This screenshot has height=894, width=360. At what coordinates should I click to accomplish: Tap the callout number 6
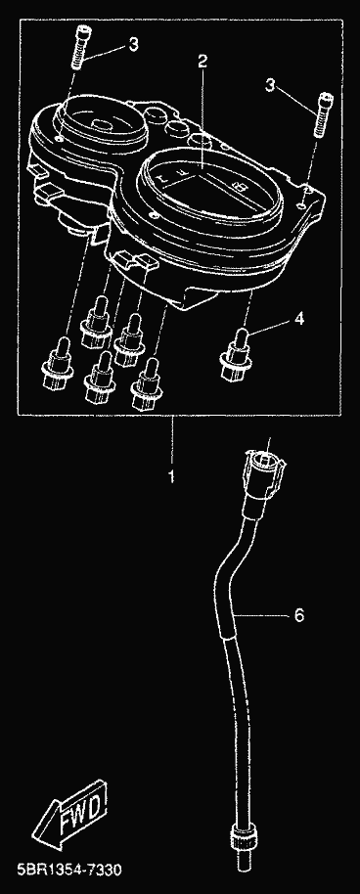[x=299, y=615]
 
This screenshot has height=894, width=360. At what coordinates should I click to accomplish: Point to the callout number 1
[x=170, y=476]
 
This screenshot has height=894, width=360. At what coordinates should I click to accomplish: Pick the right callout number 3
[x=270, y=86]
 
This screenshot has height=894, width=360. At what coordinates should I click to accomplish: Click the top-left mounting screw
[x=78, y=50]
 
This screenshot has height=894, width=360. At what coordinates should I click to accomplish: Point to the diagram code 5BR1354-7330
[x=61, y=871]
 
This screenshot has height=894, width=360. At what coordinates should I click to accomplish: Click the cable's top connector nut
[x=263, y=472]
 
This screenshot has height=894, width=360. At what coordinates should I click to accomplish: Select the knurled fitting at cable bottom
[x=242, y=835]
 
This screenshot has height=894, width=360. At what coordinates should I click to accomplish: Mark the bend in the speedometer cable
[x=225, y=570]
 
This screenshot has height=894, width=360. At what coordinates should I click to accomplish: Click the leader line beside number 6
[x=262, y=615]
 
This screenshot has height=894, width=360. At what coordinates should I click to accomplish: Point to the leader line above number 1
[x=172, y=441]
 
